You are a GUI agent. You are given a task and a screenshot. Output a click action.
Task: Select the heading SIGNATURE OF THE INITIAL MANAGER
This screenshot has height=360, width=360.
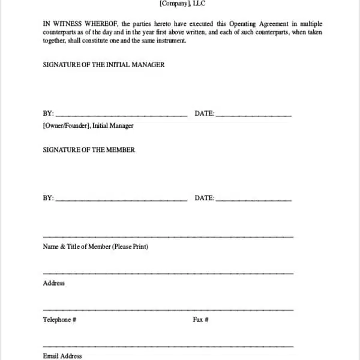(103, 64)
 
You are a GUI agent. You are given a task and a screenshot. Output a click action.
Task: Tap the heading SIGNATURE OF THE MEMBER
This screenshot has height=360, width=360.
(89, 149)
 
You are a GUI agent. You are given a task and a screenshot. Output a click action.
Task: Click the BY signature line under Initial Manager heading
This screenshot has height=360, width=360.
(121, 115)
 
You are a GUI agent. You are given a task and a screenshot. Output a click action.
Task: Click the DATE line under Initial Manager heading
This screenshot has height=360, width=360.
(253, 115)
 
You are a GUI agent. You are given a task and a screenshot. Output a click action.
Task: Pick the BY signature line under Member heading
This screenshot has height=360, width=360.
(121, 199)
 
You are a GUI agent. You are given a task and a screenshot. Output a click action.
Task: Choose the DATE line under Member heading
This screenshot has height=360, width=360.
(253, 199)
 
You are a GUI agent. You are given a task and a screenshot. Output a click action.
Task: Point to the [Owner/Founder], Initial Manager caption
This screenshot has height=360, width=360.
(88, 125)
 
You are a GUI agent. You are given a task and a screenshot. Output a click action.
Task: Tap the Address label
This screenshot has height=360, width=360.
(54, 283)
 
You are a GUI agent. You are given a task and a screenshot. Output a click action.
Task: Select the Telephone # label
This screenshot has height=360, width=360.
(59, 320)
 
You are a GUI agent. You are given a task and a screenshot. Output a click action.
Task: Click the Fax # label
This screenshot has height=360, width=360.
(200, 320)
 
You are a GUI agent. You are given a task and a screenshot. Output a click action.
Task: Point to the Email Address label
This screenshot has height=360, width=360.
(62, 356)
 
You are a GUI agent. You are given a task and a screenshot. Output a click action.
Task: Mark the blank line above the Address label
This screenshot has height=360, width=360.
(168, 274)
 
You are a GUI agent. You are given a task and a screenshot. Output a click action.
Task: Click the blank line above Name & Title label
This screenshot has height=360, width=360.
(168, 237)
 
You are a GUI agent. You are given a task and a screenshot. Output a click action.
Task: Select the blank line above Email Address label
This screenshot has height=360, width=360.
(168, 346)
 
